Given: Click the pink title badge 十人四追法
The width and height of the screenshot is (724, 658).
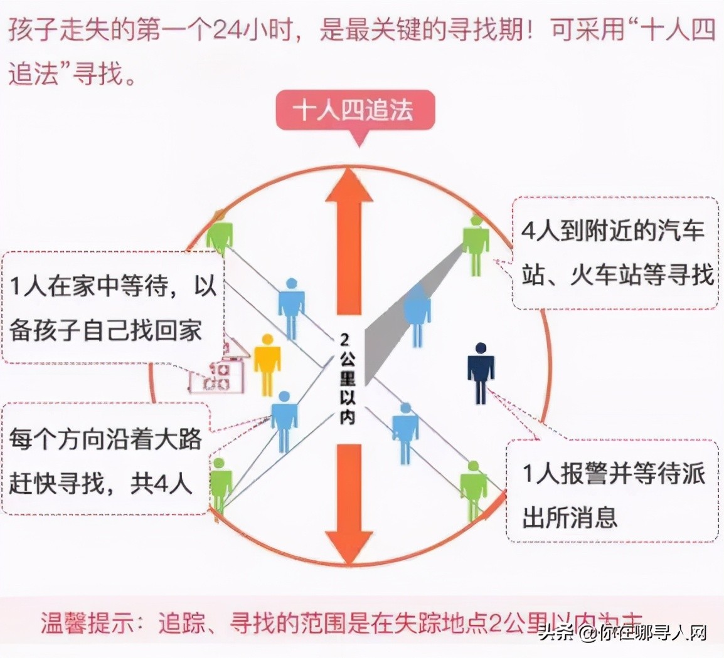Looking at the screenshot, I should pos(355,111).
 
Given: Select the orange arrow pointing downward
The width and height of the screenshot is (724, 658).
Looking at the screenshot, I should pos(349,501).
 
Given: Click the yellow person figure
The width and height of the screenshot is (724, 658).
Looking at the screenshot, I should pos(267,364).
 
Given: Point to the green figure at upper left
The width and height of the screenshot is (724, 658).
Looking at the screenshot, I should pos(219,235).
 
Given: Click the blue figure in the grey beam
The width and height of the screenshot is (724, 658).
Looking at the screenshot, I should pos(417,313).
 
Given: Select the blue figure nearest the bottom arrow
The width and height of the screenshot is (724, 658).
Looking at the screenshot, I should pos(405,433).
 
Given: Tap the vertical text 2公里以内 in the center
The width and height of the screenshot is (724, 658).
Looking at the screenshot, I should pos(346,379).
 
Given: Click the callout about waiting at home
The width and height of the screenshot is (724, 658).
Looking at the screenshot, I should pos(113,308).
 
